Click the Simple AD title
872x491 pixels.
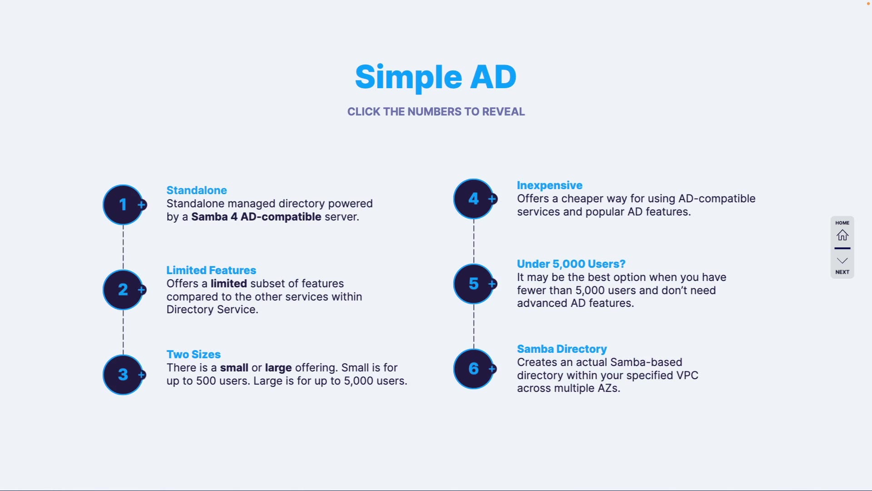click(436, 77)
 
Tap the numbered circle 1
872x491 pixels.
click(123, 205)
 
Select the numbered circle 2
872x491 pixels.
click(123, 290)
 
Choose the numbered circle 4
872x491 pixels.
click(474, 199)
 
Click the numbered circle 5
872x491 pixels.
click(474, 284)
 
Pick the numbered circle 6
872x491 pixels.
click(474, 369)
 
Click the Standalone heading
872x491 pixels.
click(197, 190)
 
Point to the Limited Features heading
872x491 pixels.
click(211, 270)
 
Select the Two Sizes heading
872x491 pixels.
click(193, 354)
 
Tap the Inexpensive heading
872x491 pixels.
click(550, 185)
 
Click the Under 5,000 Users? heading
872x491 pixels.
click(571, 264)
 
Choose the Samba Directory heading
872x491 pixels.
click(562, 349)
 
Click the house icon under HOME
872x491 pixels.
click(842, 235)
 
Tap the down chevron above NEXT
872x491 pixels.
click(842, 261)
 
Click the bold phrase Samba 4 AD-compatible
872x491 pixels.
click(256, 217)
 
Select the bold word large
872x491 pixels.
click(278, 368)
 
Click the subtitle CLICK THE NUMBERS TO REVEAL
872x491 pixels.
click(436, 112)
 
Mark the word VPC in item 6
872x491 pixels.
click(687, 376)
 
